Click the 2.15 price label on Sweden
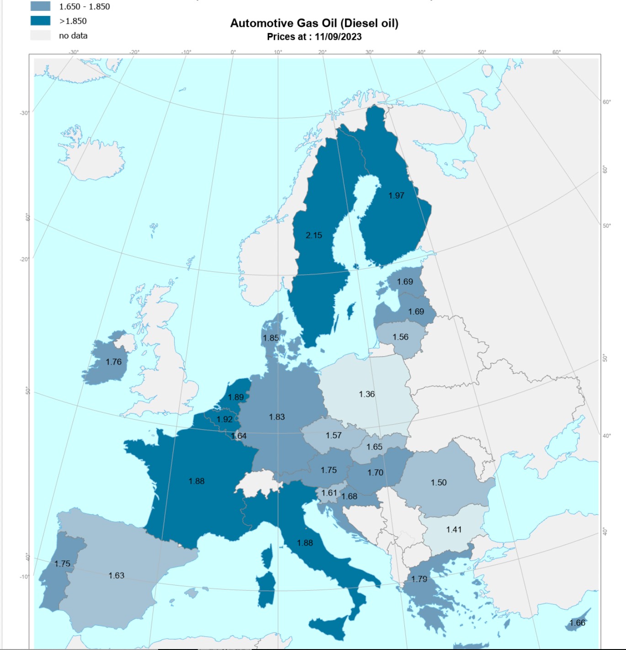[x=314, y=235]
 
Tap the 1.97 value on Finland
[x=396, y=196]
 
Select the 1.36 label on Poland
[x=366, y=394]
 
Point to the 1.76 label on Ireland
[x=114, y=362]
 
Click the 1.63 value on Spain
[x=117, y=575]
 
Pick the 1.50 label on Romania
[x=439, y=483]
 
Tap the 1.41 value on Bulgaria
[x=454, y=530]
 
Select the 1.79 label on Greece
[x=419, y=579]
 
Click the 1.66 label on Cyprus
[x=577, y=623]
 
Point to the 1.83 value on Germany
[x=277, y=417]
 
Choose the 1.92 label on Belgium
[x=224, y=419]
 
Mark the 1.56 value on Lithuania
[x=400, y=337]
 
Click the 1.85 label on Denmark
[x=271, y=338]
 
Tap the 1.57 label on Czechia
[x=334, y=436]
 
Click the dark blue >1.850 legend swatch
[x=41, y=21]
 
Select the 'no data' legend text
[x=73, y=36]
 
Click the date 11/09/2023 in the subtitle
[x=338, y=37]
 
